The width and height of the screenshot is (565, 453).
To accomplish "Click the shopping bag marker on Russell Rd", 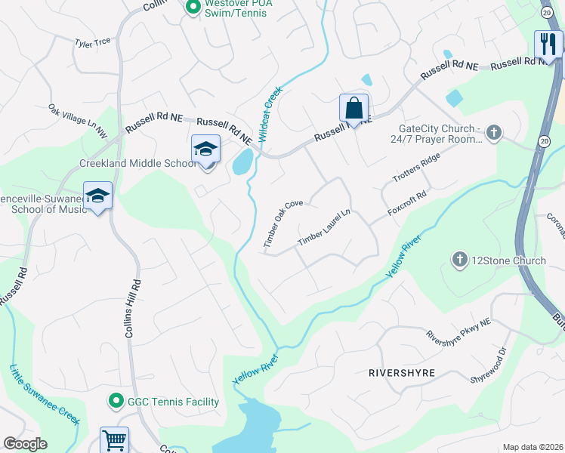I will [354, 108].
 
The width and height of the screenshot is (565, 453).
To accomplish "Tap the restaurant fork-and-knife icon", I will [546, 44].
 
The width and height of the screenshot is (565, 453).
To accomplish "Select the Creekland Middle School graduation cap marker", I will [205, 149].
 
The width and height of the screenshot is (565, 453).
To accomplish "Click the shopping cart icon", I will [114, 439].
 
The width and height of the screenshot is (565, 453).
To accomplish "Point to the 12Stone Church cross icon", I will [459, 260].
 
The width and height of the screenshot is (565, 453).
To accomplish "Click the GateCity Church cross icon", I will [494, 134].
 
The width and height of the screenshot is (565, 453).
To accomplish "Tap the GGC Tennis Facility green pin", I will [116, 402].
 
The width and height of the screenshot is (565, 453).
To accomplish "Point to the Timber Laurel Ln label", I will [325, 227].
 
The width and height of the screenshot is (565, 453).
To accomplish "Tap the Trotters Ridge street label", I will [416, 168].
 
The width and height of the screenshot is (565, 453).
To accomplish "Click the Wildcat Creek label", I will [270, 115].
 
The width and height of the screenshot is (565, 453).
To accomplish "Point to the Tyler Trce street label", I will [92, 43].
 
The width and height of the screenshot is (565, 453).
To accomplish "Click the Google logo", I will [25, 444].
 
